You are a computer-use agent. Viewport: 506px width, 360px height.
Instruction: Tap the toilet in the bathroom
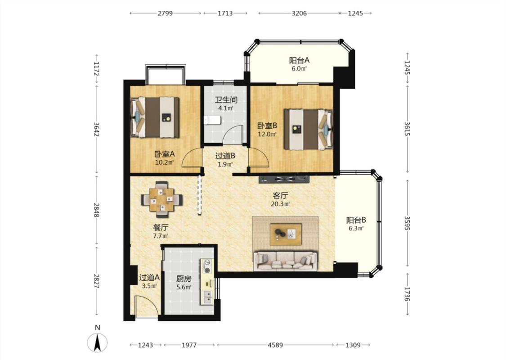[212, 120]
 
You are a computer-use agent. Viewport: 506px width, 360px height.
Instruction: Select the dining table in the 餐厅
[161, 199]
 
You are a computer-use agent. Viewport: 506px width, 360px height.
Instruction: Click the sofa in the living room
[285, 261]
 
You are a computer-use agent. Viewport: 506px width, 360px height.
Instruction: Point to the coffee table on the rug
[286, 234]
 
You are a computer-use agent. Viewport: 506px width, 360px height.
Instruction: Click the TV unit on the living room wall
[284, 179]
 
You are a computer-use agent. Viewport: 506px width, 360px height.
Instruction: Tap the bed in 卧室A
[155, 117]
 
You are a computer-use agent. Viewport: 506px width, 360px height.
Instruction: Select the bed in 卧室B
[308, 130]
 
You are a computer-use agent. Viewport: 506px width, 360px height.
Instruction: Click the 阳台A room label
[299, 60]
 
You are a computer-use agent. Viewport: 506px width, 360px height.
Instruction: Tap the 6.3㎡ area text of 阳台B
[356, 229]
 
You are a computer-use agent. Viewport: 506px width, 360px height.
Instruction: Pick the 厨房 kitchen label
[184, 278]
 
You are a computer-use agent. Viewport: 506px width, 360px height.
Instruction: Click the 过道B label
[225, 156]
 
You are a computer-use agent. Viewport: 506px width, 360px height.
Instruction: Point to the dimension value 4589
[275, 345]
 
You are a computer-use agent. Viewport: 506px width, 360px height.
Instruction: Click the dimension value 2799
[165, 13]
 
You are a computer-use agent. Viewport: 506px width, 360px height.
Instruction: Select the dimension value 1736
[408, 294]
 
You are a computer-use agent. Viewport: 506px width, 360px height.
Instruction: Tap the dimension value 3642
[96, 129]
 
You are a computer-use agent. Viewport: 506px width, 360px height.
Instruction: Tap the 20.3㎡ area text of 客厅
[280, 204]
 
